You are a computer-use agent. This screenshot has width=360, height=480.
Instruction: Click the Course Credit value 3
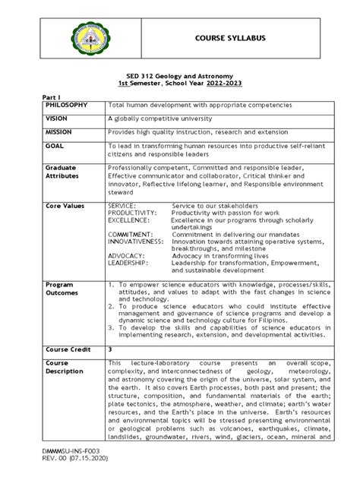pos(110,349)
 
